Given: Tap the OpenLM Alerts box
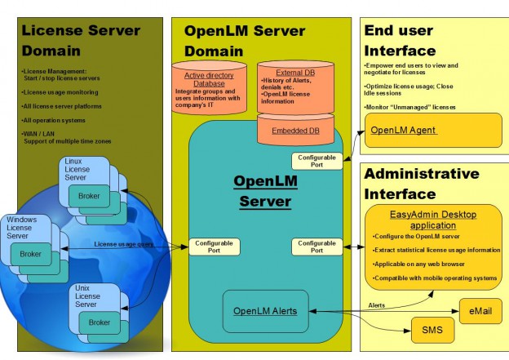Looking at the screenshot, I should coord(266,311).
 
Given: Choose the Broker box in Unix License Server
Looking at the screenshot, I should coord(99,322).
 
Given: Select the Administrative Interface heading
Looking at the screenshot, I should coord(422,184).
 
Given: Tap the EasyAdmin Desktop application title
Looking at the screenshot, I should coord(423,220).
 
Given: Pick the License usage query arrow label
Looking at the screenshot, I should coord(123,243).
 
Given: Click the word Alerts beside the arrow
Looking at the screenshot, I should coord(377,306).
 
